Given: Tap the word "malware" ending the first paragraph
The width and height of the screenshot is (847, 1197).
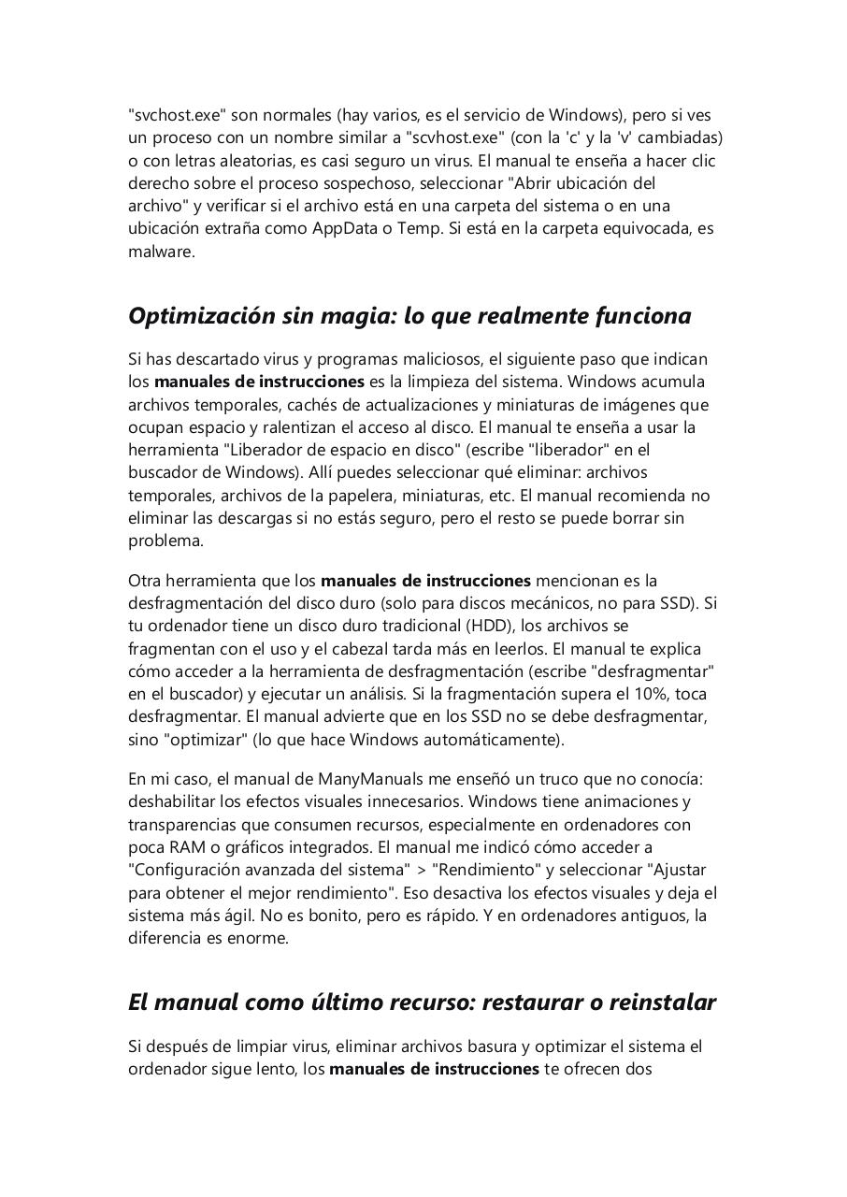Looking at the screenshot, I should pos(160,251).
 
